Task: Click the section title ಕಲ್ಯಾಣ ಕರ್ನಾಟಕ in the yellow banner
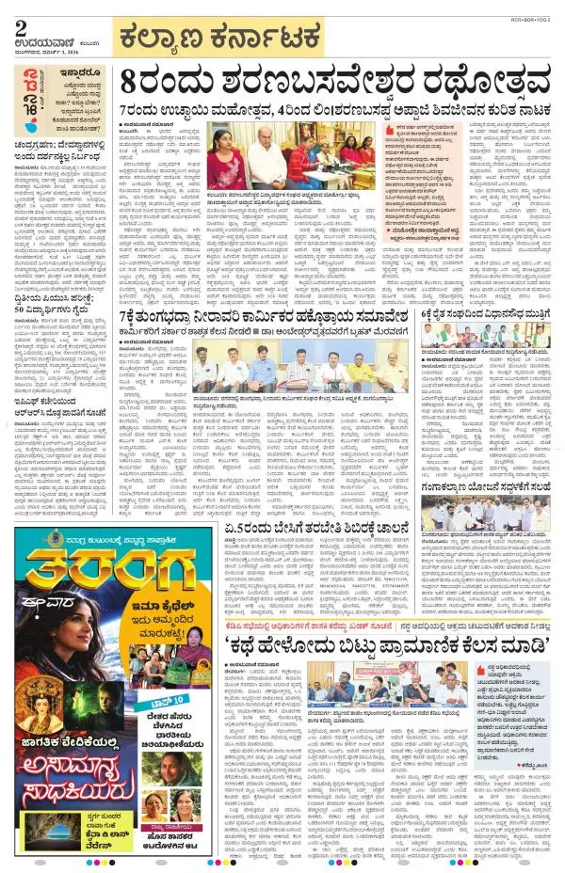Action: click(x=237, y=40)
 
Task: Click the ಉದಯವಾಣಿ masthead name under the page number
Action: click(x=41, y=41)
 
